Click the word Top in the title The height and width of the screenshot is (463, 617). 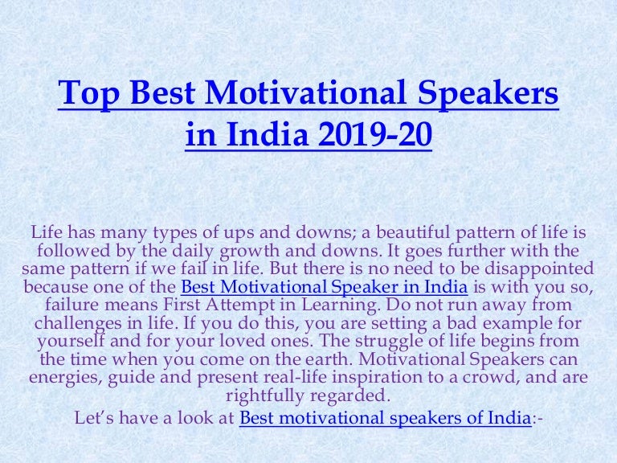(88, 94)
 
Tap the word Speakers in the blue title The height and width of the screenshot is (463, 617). (488, 94)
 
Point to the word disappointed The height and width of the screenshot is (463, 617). (539, 268)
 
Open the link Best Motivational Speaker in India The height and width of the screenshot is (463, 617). (325, 287)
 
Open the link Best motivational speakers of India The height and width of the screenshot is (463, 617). (386, 418)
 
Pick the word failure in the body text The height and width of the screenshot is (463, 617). (72, 305)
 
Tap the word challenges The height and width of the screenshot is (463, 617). (78, 324)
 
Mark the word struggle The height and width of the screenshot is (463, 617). (389, 341)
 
